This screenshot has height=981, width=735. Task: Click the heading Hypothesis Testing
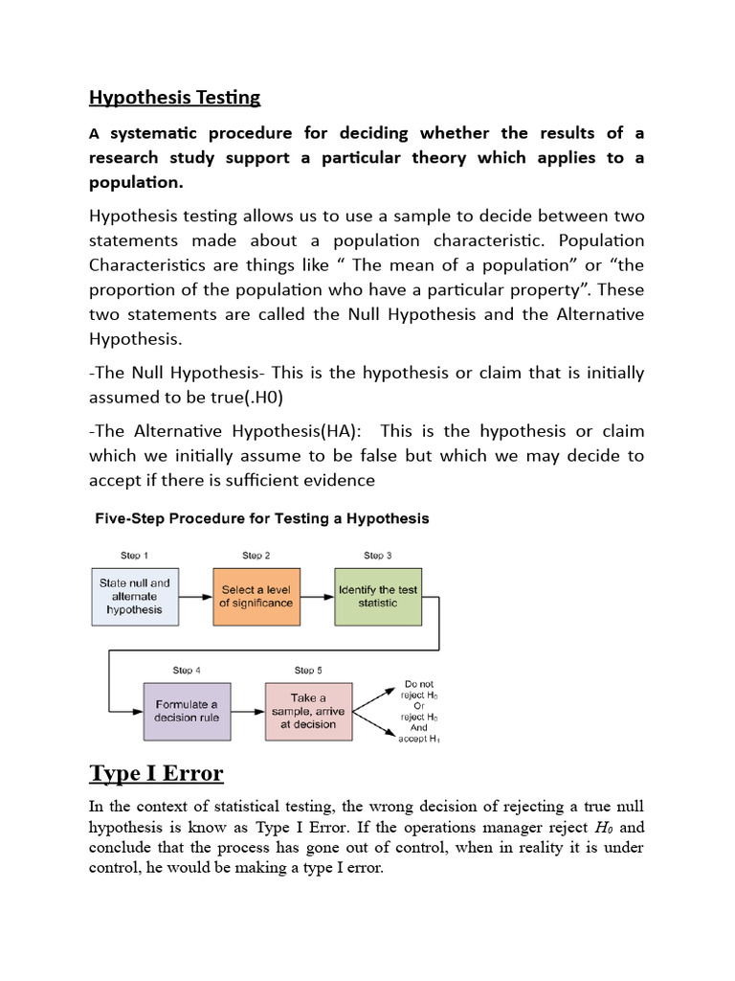tap(174, 98)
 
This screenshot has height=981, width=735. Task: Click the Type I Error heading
tap(156, 773)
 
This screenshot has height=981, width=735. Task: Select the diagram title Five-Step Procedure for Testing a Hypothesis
tap(261, 518)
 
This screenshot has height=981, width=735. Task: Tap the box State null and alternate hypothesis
tap(135, 596)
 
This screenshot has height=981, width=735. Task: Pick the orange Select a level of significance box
tap(256, 596)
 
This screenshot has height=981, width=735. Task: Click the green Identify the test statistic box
tap(377, 596)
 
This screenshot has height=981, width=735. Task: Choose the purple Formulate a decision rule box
tap(187, 711)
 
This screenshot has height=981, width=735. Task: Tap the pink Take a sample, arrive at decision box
tap(308, 711)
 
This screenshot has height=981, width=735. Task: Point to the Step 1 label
tap(134, 556)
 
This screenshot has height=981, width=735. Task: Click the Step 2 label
tap(256, 556)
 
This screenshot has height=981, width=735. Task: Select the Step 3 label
tap(377, 556)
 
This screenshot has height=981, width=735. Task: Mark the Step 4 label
tap(187, 671)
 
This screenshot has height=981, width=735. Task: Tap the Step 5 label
tap(308, 671)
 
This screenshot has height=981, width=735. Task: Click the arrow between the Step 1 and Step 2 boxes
tap(195, 596)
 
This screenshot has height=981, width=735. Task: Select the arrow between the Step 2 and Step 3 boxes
tap(316, 596)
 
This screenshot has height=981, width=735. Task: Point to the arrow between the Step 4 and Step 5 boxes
tap(247, 712)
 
